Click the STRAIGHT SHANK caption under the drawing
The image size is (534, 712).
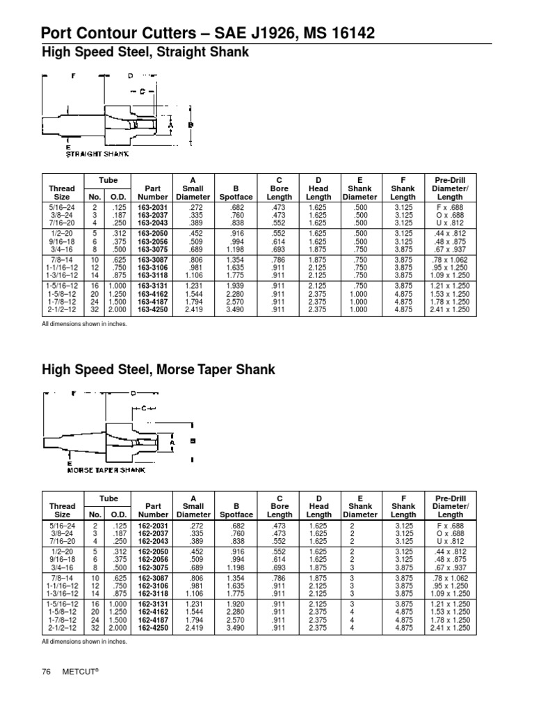click(98, 154)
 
